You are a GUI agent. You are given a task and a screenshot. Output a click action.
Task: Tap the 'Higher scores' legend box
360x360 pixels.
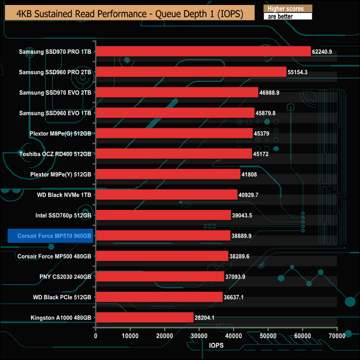click(x=287, y=8)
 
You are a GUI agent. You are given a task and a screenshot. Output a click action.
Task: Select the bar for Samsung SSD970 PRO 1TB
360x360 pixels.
click(x=203, y=52)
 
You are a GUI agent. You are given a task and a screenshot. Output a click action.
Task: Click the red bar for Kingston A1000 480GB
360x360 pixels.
click(x=145, y=317)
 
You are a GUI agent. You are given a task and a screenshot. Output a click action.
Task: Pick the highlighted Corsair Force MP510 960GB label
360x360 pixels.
click(x=50, y=236)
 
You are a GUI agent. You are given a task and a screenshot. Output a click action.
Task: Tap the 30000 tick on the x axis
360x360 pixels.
click(x=199, y=336)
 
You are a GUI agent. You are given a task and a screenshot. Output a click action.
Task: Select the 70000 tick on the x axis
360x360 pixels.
click(x=336, y=336)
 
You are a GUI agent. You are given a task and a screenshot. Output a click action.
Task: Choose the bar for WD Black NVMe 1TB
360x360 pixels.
click(x=167, y=195)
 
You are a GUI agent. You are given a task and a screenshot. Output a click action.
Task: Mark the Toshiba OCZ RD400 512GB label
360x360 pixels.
click(x=55, y=154)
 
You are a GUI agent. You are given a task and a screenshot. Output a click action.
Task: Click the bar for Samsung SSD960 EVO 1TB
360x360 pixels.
click(x=175, y=113)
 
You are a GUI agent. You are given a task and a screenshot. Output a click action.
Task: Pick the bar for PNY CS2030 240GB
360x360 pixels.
click(x=160, y=276)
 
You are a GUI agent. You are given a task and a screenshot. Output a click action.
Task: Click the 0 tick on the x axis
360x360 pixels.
click(x=96, y=336)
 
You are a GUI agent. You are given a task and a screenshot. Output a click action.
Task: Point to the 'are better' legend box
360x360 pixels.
click(x=287, y=17)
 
